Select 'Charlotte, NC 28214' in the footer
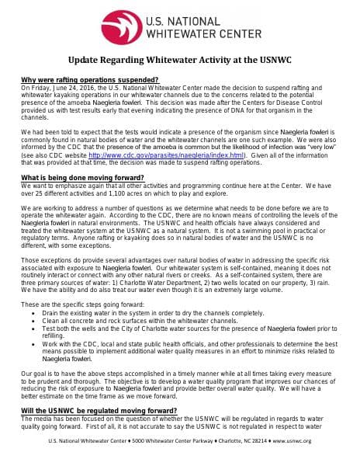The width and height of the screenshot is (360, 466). tap(237, 441)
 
